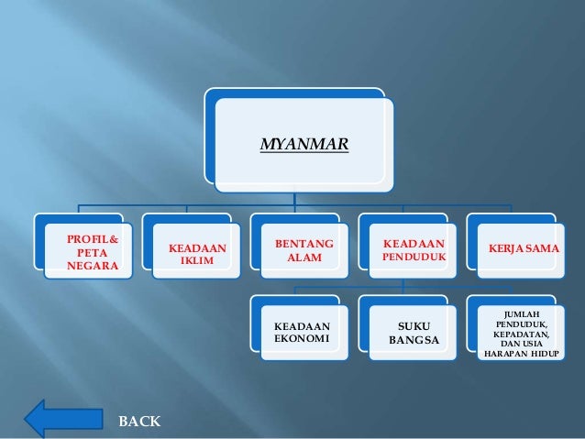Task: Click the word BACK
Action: tap(139, 422)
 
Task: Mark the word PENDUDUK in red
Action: tap(414, 258)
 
